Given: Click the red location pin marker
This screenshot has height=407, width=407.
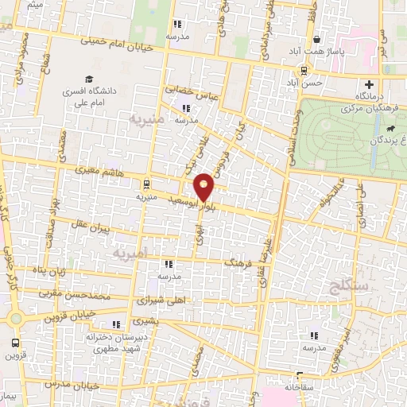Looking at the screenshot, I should [x=204, y=187].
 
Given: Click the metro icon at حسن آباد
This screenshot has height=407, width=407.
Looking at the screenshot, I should [x=300, y=70].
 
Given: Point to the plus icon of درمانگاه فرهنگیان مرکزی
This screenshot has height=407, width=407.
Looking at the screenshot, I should [x=369, y=85].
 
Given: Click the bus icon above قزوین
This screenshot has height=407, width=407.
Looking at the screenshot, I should [x=14, y=343].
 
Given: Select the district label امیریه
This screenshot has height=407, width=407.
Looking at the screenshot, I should [x=130, y=254].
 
